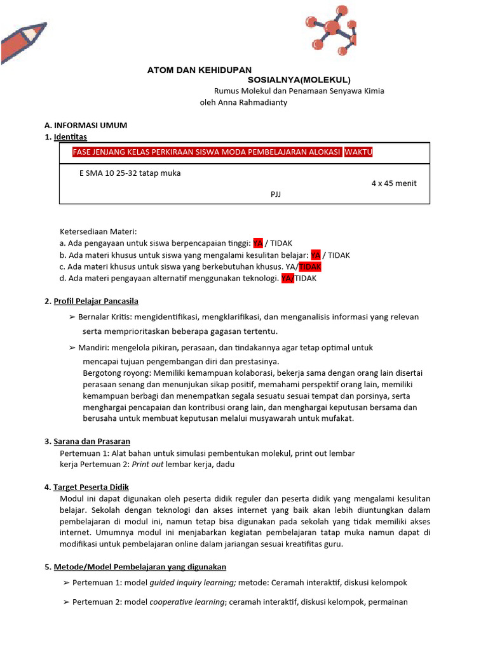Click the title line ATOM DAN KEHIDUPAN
pyautogui.click(x=200, y=70)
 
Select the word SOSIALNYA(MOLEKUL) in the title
pyautogui.click(x=299, y=80)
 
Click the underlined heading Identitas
pyautogui.click(x=71, y=136)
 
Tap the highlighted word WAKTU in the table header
pyautogui.click(x=358, y=153)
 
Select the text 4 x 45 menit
pyautogui.click(x=394, y=183)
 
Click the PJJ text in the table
pyautogui.click(x=275, y=194)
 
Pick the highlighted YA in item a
pyautogui.click(x=258, y=243)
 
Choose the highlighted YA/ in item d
pyautogui.click(x=288, y=278)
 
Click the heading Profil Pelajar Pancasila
pyautogui.click(x=96, y=301)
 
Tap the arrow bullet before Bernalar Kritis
pyautogui.click(x=72, y=317)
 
